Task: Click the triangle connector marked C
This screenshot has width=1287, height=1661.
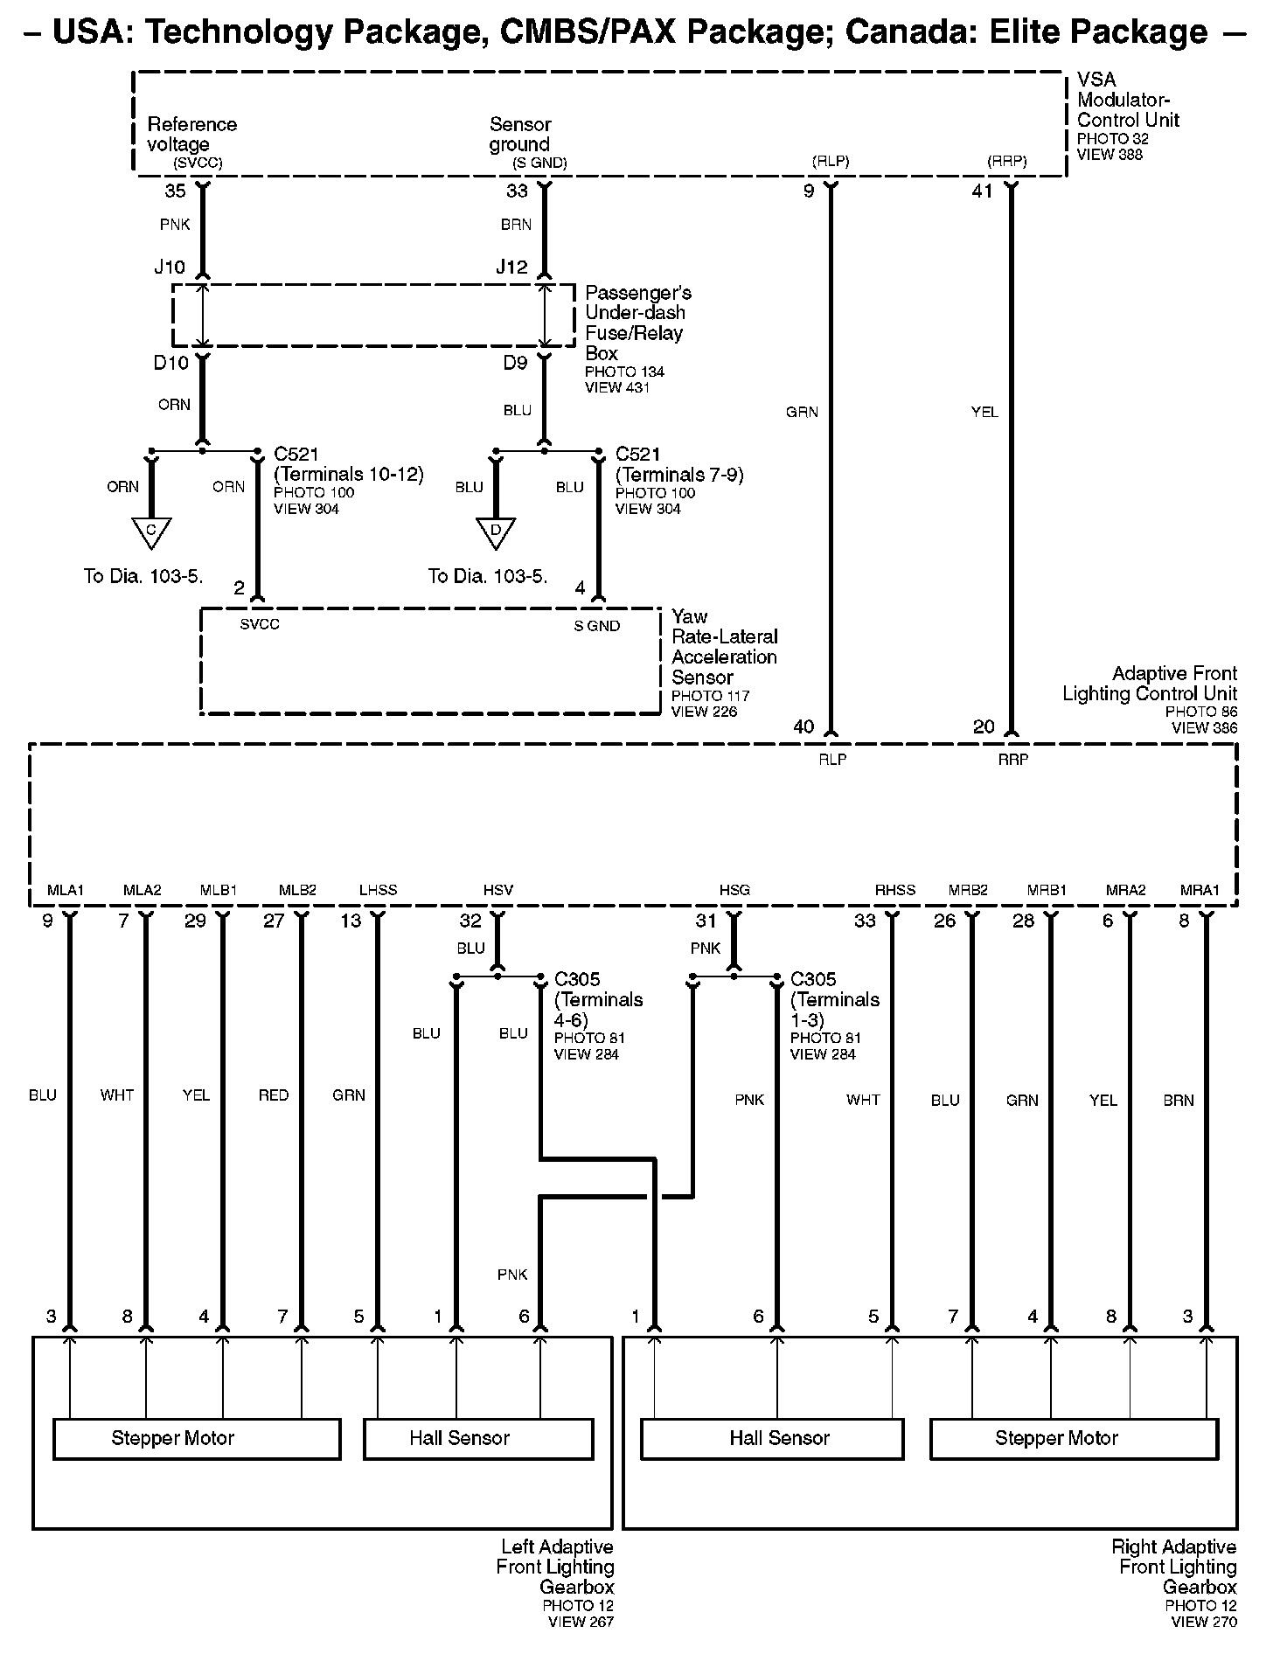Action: (151, 532)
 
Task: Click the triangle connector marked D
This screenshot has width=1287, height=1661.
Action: (495, 532)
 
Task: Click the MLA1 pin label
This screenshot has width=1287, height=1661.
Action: (66, 890)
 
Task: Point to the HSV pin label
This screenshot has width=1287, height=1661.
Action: (498, 890)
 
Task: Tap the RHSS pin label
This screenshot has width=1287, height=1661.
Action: (895, 890)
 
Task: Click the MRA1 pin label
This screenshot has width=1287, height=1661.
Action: (1200, 890)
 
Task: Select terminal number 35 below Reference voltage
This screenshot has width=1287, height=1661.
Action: (176, 191)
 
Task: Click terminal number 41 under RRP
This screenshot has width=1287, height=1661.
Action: (983, 191)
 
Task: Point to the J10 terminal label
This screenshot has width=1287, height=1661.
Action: (170, 268)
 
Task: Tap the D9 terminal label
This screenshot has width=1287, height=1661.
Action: (516, 362)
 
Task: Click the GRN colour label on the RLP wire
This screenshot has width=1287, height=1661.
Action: (802, 412)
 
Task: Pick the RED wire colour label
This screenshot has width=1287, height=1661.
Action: (274, 1095)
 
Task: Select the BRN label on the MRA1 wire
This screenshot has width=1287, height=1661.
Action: (1179, 1100)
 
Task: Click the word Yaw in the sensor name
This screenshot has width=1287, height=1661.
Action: (690, 616)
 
